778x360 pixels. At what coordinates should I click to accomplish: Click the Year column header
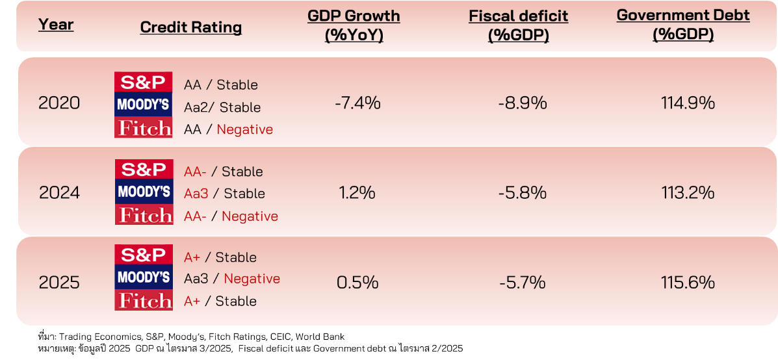click(56, 25)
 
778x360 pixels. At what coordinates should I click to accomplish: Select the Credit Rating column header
click(191, 27)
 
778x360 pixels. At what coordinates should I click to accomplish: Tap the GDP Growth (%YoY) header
click(354, 25)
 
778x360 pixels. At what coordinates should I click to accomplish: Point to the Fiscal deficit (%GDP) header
click(518, 25)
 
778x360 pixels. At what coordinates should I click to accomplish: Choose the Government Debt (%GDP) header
click(683, 25)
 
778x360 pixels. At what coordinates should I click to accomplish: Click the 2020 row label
click(59, 103)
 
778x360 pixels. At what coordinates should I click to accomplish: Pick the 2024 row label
click(59, 192)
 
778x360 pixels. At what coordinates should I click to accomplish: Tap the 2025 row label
click(59, 283)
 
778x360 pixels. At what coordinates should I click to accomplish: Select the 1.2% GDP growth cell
click(357, 192)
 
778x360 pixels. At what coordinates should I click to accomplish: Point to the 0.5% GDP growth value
click(357, 283)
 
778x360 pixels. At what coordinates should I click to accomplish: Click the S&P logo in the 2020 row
click(144, 83)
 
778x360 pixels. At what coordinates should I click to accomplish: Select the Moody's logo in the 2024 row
click(144, 192)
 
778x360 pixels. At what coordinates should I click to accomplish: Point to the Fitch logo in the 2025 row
click(144, 300)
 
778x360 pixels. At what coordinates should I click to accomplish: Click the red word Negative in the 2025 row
click(252, 279)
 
